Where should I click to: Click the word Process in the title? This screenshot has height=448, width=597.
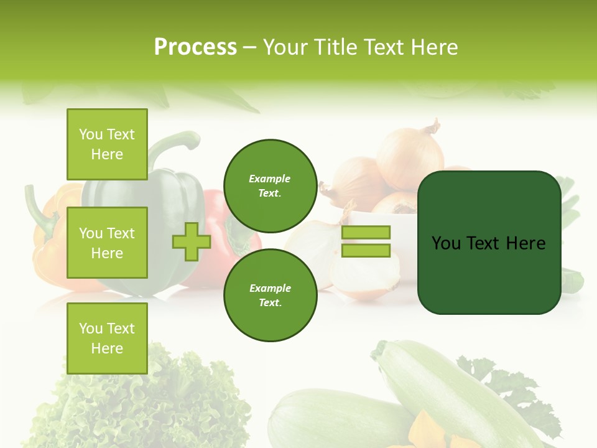pyautogui.click(x=195, y=47)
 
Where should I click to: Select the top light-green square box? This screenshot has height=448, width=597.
pyautogui.click(x=107, y=144)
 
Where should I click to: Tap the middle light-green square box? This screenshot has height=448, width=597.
pyautogui.click(x=107, y=243)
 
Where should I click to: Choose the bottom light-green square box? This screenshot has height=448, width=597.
pyautogui.click(x=107, y=338)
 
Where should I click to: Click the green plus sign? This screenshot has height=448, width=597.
pyautogui.click(x=192, y=241)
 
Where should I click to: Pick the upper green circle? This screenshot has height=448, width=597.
pyautogui.click(x=270, y=185)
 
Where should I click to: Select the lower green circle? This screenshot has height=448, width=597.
pyautogui.click(x=270, y=295)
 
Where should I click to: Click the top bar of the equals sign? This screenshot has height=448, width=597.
pyautogui.click(x=366, y=232)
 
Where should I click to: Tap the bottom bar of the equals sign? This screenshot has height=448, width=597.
pyautogui.click(x=366, y=250)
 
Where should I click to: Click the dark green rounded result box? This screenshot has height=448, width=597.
pyautogui.click(x=489, y=243)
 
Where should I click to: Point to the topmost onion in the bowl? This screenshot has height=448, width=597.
pyautogui.click(x=410, y=156)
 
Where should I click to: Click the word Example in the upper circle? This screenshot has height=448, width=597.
pyautogui.click(x=270, y=179)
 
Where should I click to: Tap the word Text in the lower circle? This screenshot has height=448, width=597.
pyautogui.click(x=270, y=302)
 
